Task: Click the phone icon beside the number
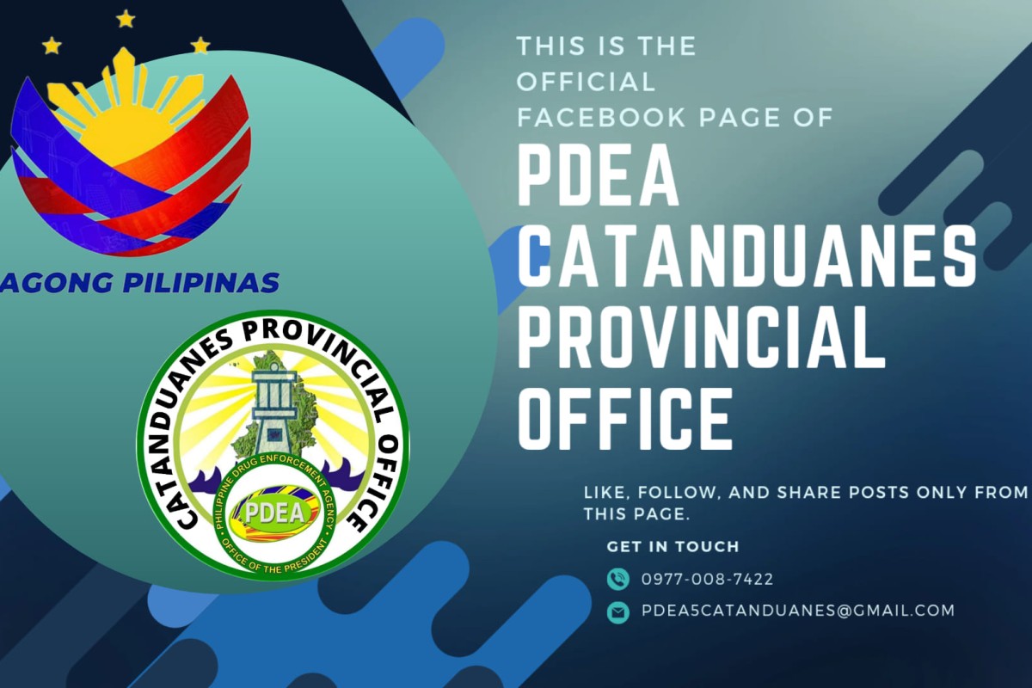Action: tap(617, 579)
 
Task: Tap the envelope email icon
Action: tap(617, 612)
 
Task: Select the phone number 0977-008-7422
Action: tap(707, 579)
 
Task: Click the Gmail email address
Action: tap(798, 611)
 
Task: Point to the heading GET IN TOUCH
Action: tap(673, 546)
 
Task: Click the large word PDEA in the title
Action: tap(598, 176)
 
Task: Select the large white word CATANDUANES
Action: tap(746, 256)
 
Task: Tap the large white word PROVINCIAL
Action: tap(701, 337)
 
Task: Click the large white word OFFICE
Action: tap(625, 419)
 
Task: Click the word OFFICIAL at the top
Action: tap(586, 82)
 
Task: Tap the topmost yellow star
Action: tap(126, 19)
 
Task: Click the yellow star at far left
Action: tap(52, 46)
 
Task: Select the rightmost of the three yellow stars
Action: tap(200, 46)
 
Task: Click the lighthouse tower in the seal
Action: tap(274, 410)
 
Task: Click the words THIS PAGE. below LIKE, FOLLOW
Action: tap(636, 514)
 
